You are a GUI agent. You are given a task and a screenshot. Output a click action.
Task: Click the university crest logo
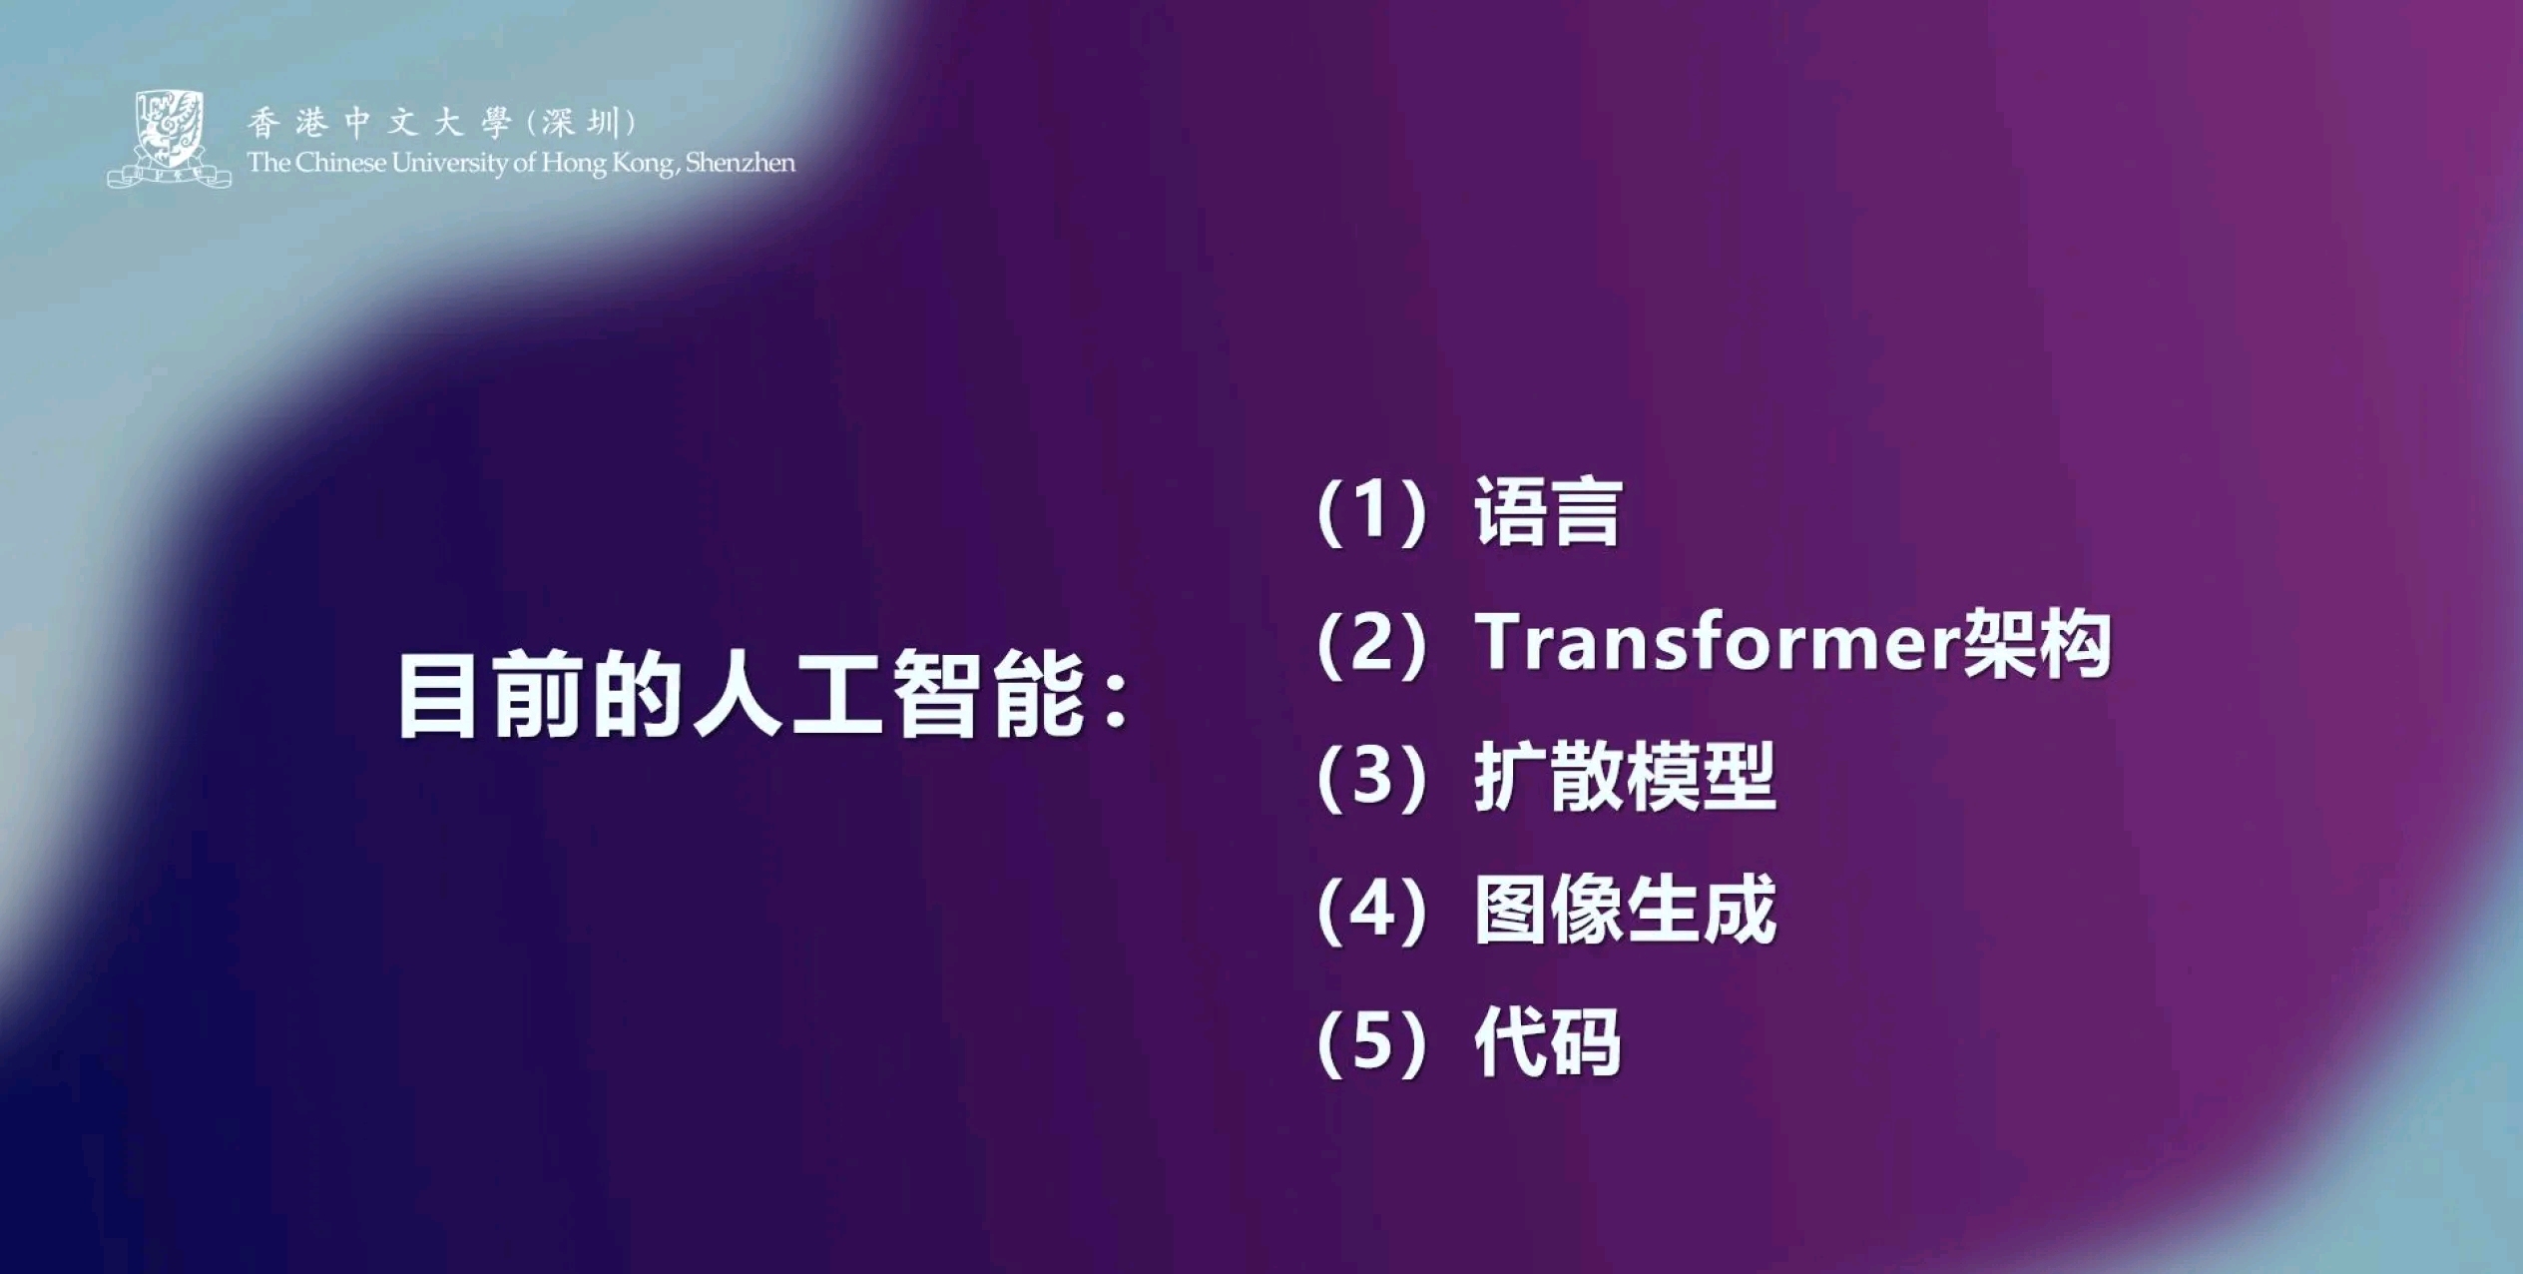pos(170,139)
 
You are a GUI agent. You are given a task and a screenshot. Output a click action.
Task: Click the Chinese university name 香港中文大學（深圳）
pos(442,123)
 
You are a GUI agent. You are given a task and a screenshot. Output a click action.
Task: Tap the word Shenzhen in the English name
pos(741,163)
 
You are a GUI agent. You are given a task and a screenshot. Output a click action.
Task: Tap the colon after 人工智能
pos(1116,698)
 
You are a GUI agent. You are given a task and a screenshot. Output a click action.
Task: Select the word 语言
pos(1547,511)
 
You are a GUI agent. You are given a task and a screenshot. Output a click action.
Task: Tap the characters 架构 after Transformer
pos(2037,643)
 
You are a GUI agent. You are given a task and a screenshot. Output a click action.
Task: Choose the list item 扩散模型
pos(1625,776)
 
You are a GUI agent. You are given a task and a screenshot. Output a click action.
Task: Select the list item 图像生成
pos(1625,909)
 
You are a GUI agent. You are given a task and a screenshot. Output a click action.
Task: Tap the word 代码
pos(1547,1041)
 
